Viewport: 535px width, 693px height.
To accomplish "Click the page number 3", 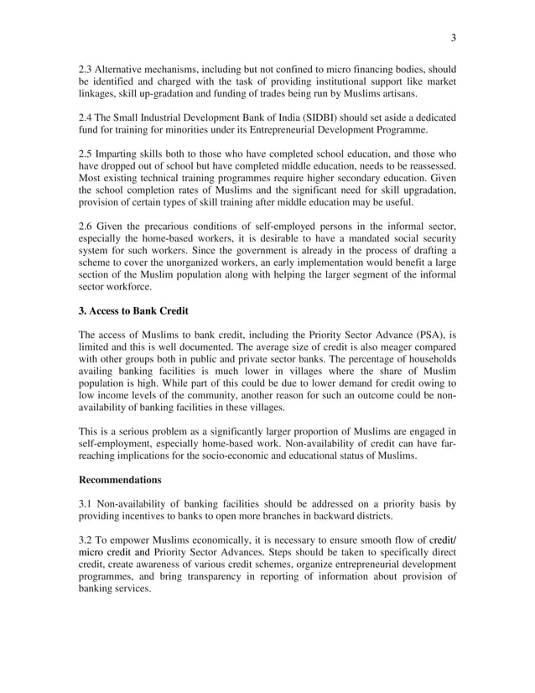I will coord(453,37).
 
